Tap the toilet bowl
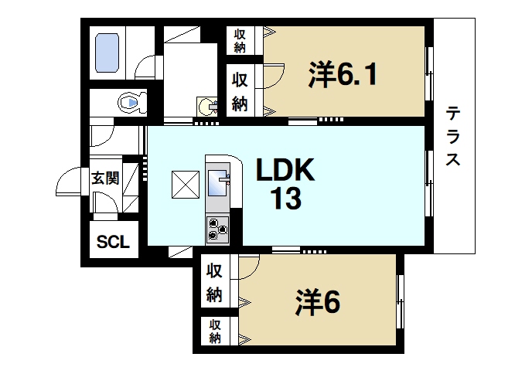(130, 102)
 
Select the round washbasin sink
(205, 105)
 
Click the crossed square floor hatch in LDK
(186, 184)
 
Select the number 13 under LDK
(285, 200)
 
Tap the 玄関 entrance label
(105, 178)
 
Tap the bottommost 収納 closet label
(215, 331)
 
